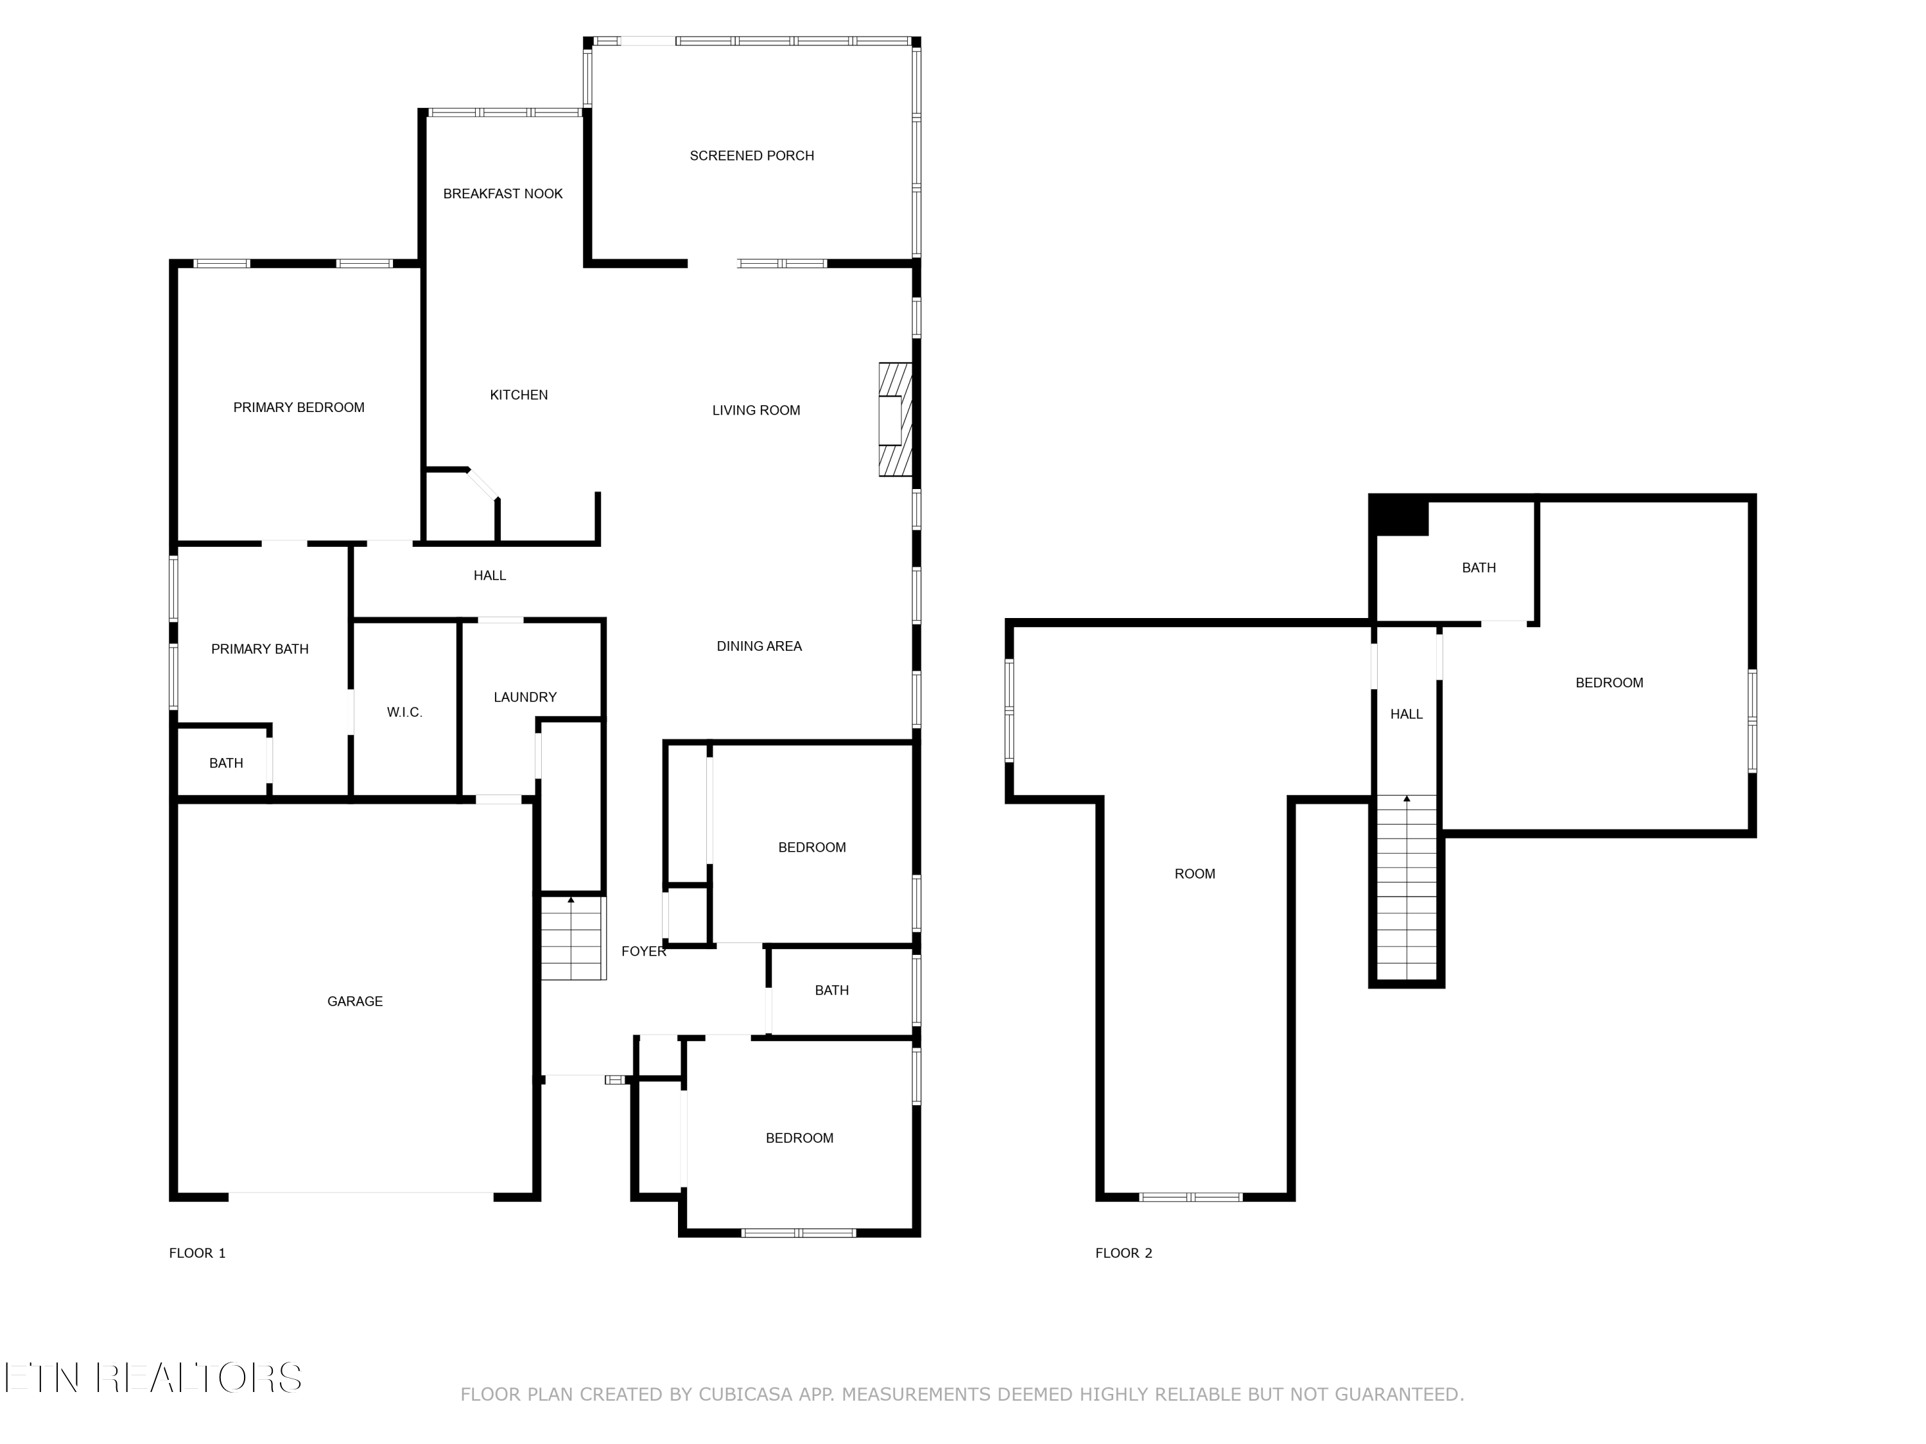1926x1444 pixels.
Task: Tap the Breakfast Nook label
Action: pyautogui.click(x=503, y=194)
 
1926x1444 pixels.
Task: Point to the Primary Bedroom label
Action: pyautogui.click(x=299, y=408)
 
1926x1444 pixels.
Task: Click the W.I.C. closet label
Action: pyautogui.click(x=405, y=712)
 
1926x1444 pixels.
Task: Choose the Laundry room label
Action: pyautogui.click(x=525, y=697)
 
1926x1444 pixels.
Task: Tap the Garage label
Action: pyautogui.click(x=354, y=1002)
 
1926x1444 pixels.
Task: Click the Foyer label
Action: pyautogui.click(x=643, y=951)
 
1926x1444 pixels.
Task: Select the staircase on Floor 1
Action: pyautogui.click(x=572, y=938)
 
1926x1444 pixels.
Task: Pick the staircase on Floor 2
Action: pyautogui.click(x=1406, y=888)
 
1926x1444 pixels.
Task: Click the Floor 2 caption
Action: pyautogui.click(x=1123, y=1253)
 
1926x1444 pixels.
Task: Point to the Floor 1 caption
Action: pyautogui.click(x=197, y=1253)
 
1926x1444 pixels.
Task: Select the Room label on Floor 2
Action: pyautogui.click(x=1195, y=874)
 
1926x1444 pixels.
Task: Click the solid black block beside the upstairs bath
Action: pyautogui.click(x=1399, y=515)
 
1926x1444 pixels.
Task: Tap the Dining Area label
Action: pyautogui.click(x=759, y=646)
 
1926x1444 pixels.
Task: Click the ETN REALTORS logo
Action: pyautogui.click(x=153, y=1378)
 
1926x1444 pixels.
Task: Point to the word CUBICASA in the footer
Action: pyautogui.click(x=745, y=1395)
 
